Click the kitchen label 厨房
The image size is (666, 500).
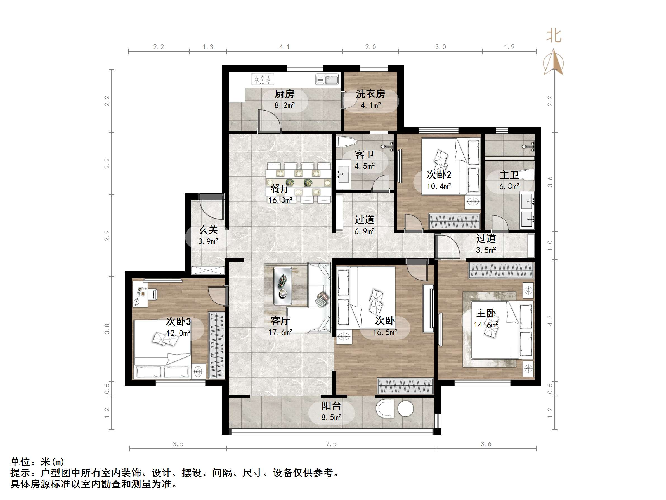[284, 94]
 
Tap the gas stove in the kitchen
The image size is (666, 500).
[263, 79]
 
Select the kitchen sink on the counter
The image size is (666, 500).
[327, 79]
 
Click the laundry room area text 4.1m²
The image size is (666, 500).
[371, 105]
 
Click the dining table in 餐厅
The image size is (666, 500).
[298, 182]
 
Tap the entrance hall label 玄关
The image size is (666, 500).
[208, 230]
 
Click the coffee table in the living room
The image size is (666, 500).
[282, 286]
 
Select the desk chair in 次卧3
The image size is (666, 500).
[152, 294]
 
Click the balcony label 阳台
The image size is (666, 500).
[331, 406]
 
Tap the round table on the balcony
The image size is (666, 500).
[405, 409]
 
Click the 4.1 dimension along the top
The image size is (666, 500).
[284, 47]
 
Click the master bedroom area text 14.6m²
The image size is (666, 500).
[486, 325]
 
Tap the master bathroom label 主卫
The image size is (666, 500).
[509, 175]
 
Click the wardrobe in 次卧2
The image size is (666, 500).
[454, 222]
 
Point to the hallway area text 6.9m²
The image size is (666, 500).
[364, 231]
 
